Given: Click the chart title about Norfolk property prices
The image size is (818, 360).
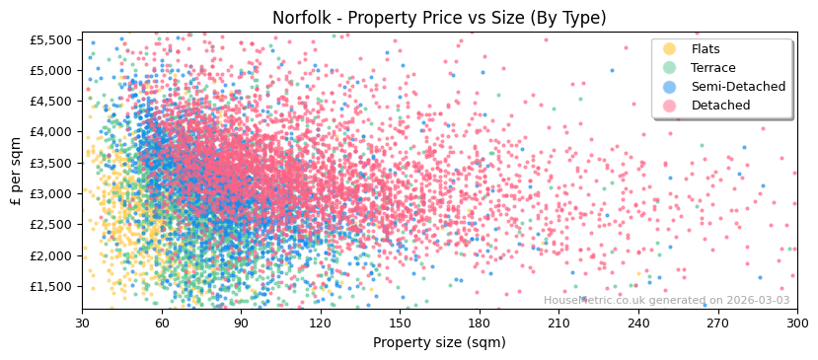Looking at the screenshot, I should pos(439,18).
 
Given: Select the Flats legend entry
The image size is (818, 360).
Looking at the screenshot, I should pos(706,49).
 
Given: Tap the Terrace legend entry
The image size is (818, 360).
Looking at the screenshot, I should pos(713,68).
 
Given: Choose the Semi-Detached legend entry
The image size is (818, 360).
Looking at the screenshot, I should pos(738,87).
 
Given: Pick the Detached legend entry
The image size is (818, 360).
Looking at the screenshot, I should pos(719,106).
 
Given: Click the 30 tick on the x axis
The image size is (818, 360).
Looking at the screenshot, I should pos(83,323).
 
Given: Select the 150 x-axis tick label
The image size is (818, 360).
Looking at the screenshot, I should pos(401,323).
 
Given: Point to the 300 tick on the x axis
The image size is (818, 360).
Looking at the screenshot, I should pos(797,323).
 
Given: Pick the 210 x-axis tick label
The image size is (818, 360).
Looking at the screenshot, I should pos(559,323).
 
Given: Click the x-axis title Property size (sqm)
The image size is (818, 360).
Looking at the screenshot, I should pos(439,342).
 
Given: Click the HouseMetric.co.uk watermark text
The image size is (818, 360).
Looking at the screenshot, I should pos(666,301).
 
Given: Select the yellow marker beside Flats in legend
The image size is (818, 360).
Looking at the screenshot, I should pos(670,49).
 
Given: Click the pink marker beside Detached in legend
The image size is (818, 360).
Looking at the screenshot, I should pos(670,106).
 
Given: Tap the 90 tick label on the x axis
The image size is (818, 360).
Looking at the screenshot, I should pos(242,323).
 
